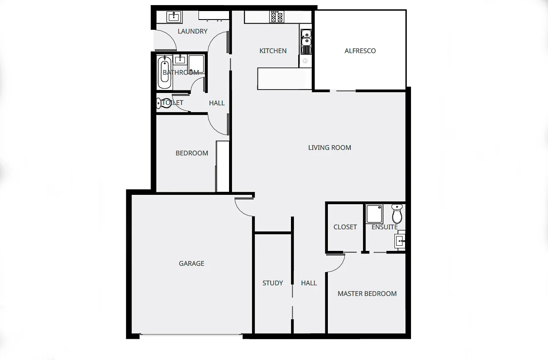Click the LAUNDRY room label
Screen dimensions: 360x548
coord(193,31)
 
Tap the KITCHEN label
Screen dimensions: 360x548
coord(273,51)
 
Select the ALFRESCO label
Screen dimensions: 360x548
coord(360,51)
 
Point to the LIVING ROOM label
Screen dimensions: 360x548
coord(330,148)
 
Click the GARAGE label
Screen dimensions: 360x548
coord(191,264)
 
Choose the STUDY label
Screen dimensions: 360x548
coord(273,283)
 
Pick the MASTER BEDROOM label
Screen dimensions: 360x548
coord(367,294)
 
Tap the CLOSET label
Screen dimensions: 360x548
coord(345,227)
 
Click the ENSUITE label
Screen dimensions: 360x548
coord(385,227)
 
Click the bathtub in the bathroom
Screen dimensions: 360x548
coord(164,73)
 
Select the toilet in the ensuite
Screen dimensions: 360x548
coord(397,214)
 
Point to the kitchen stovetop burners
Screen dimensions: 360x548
coord(277,17)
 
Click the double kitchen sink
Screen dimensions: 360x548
coord(306,38)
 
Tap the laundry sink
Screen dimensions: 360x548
coord(173,17)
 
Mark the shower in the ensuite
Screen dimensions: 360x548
coord(375,214)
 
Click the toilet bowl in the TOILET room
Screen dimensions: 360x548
coord(164,103)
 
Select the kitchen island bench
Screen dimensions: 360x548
coord(281,79)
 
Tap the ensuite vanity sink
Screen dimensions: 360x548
coord(400,241)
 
